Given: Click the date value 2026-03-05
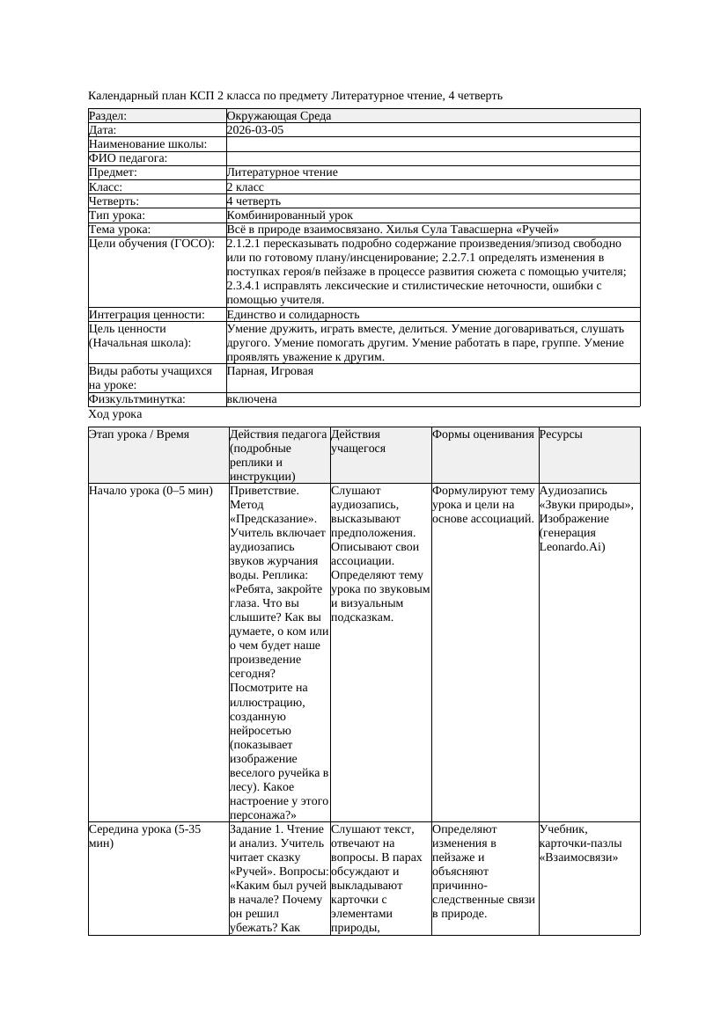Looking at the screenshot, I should [255, 130].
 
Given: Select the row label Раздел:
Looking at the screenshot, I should [108, 116].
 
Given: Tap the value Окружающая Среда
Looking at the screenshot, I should [278, 116].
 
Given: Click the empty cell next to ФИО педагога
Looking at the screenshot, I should [432, 158].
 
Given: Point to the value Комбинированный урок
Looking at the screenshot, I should [290, 215].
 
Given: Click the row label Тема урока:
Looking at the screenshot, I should [120, 230].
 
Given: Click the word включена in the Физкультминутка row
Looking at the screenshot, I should [251, 399].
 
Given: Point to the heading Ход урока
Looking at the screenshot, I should [115, 414].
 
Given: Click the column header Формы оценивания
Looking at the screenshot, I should [483, 434].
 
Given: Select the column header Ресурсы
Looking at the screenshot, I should [561, 434].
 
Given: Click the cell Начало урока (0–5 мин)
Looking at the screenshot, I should [151, 491].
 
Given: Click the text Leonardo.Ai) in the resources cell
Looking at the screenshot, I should [572, 547].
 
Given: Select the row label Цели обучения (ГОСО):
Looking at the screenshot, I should [152, 244].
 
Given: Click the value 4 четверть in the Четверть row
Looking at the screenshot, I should [254, 201].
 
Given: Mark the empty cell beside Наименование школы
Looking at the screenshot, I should [432, 144].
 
